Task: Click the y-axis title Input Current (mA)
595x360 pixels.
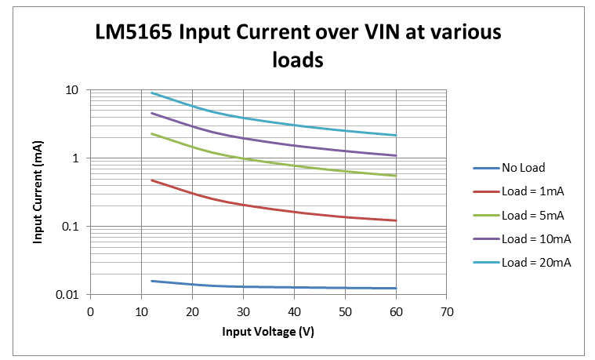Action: tap(37, 192)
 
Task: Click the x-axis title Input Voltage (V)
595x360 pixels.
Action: tap(268, 331)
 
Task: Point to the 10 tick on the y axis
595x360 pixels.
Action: tap(72, 90)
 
